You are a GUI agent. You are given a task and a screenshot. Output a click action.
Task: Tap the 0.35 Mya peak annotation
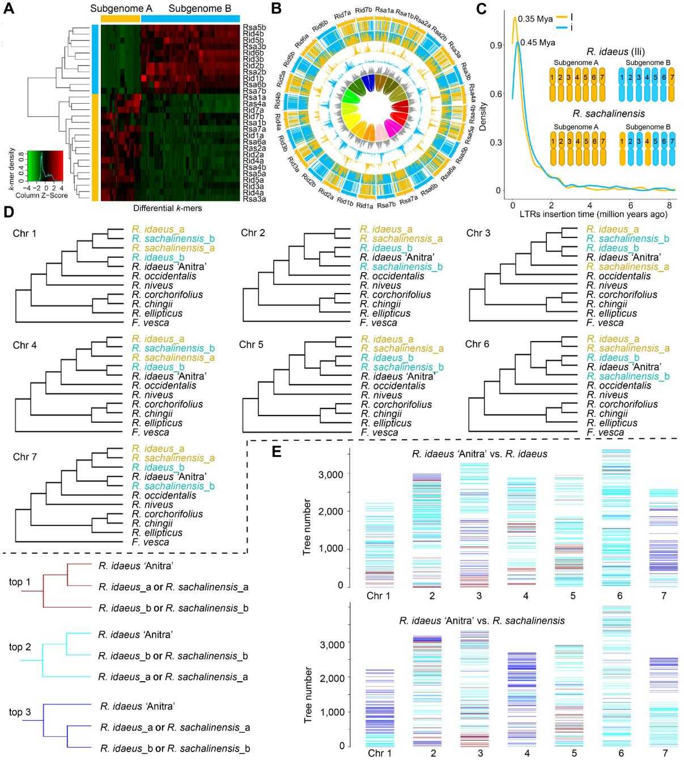click(535, 19)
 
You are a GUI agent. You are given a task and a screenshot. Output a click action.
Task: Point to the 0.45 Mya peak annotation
click(537, 42)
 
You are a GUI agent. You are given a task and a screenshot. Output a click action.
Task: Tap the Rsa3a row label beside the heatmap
click(254, 199)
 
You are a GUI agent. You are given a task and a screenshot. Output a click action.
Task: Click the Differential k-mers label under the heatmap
click(168, 209)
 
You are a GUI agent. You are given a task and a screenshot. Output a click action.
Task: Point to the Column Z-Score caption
click(42, 196)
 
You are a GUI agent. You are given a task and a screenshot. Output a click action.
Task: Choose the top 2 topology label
click(20, 647)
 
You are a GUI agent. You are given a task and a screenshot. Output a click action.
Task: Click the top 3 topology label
click(20, 712)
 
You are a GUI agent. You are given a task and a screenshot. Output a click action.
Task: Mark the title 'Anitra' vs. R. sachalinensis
click(481, 621)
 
